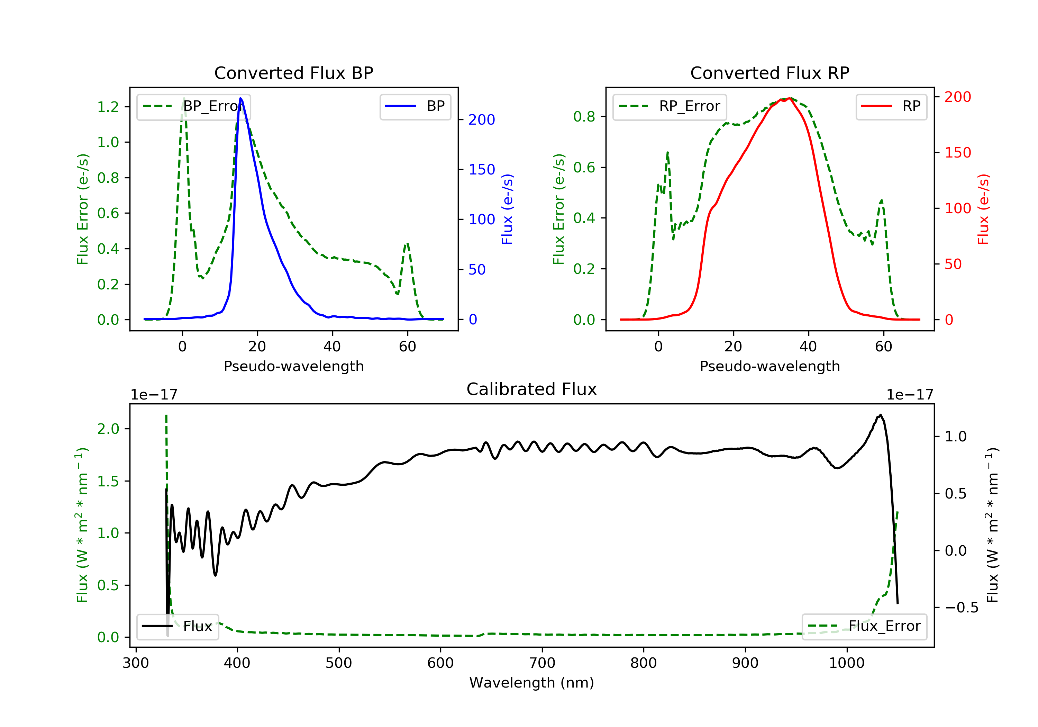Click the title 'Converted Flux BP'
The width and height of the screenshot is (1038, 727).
pyautogui.click(x=293, y=73)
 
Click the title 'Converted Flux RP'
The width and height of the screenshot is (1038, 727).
pyautogui.click(x=770, y=73)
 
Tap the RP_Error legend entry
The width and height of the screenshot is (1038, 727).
pyautogui.click(x=670, y=106)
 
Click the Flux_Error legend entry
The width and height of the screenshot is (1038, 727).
pyautogui.click(x=864, y=626)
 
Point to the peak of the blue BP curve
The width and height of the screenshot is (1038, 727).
pyautogui.click(x=240, y=98)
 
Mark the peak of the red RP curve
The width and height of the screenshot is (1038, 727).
pyautogui.click(x=789, y=98)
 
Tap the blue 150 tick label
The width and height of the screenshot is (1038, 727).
pyautogui.click(x=482, y=170)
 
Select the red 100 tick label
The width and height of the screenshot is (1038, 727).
pyautogui.click(x=957, y=208)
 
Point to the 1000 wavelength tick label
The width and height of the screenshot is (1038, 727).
pyautogui.click(x=846, y=663)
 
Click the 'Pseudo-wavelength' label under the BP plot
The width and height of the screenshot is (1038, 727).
pyautogui.click(x=293, y=366)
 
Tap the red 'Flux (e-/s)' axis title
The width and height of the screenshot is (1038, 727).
pyautogui.click(x=983, y=209)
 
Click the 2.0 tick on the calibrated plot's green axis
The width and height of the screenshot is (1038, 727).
pyautogui.click(x=108, y=429)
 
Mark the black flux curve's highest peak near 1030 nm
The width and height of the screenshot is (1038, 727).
pyautogui.click(x=880, y=415)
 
